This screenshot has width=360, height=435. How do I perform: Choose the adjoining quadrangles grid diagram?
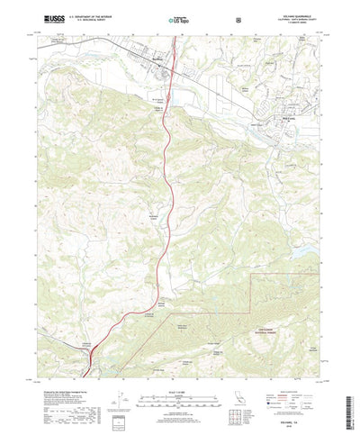pos(242,392)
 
